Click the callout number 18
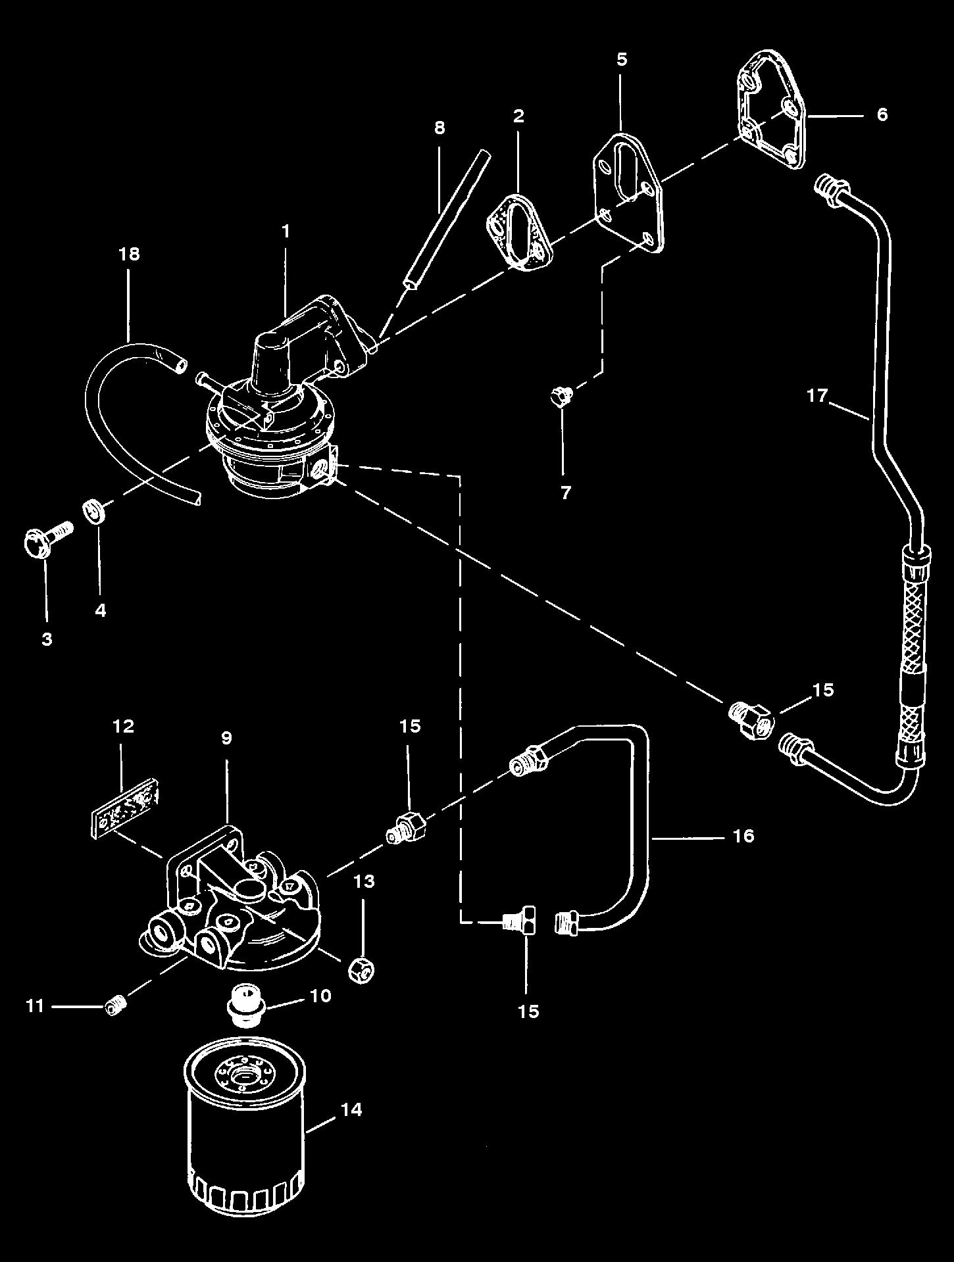point(130,254)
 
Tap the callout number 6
point(882,114)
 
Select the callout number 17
point(816,396)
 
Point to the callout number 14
point(351,1109)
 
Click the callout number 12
point(124,726)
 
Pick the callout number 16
point(743,836)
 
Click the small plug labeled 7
point(561,397)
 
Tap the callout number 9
point(226,738)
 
